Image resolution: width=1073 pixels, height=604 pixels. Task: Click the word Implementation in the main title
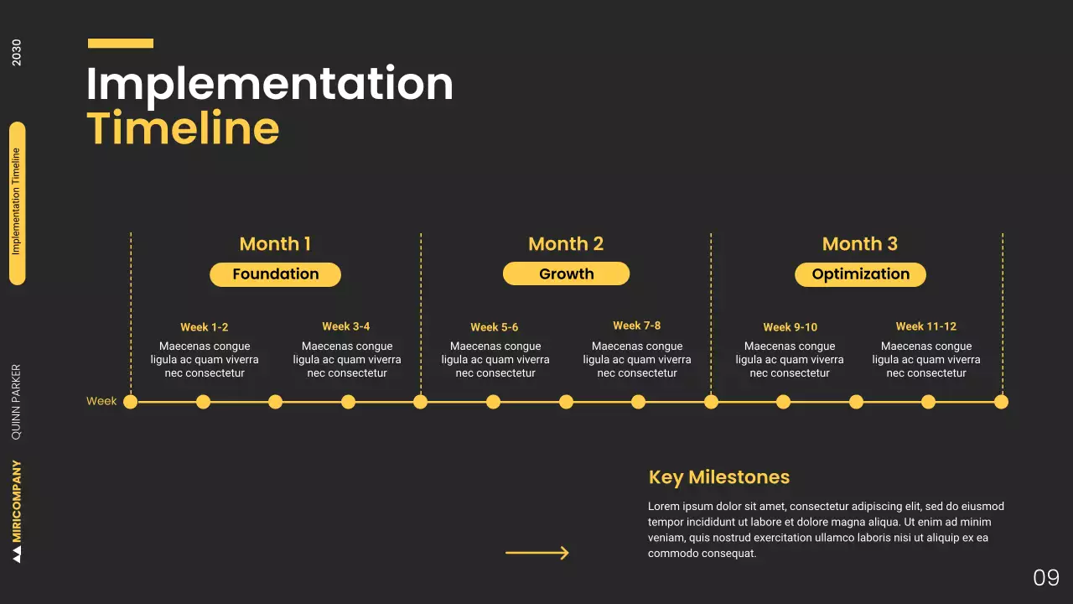point(269,85)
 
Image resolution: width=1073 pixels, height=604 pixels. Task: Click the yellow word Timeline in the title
point(183,128)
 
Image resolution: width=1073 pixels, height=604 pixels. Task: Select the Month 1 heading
point(275,244)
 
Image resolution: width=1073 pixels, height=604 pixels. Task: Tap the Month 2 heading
point(566,244)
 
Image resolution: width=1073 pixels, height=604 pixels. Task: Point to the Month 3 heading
point(859,244)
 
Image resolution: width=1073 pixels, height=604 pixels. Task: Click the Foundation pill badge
point(275,274)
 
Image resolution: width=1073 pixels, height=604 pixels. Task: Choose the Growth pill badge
point(566,273)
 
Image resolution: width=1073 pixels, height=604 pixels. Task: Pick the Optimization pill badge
point(860,274)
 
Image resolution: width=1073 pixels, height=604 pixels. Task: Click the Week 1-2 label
point(205,327)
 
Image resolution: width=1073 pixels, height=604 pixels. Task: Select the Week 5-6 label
point(495,327)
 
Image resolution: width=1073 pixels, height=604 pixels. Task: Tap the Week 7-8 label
point(637,325)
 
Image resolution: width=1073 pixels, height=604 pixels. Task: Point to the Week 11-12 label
point(925,326)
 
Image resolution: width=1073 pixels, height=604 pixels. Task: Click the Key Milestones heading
point(719,477)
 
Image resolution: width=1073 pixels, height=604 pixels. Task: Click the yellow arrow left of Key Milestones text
point(537,553)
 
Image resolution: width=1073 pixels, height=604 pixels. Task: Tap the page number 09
point(1046,577)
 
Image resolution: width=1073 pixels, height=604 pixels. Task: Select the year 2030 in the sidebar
point(17,53)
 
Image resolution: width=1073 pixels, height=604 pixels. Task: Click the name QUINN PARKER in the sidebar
point(17,402)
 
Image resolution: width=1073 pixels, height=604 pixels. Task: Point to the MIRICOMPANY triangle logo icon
point(17,555)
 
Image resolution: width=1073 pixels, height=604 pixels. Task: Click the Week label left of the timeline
point(101,402)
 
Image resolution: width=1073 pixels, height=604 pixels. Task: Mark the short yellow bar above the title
point(121,43)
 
